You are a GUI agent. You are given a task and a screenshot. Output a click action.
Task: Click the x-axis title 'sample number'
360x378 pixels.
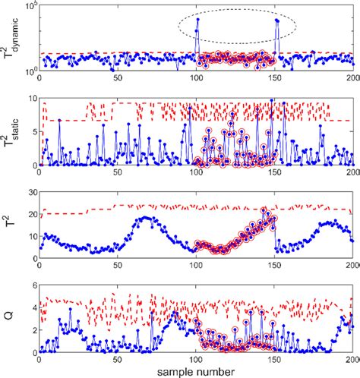195,370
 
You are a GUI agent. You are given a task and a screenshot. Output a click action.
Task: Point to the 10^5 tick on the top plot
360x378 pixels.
28,6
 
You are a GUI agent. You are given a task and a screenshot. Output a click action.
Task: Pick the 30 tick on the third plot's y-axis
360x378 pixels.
28,192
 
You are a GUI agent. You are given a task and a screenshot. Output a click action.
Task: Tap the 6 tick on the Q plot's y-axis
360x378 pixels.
30,286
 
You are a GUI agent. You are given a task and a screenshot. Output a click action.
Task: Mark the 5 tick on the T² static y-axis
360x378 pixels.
30,132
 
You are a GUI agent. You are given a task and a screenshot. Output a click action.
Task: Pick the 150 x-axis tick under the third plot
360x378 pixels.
274,266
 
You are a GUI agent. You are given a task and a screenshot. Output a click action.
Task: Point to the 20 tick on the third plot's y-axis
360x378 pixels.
28,215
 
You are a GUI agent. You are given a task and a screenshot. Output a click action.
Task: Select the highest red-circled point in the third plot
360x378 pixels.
264,211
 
